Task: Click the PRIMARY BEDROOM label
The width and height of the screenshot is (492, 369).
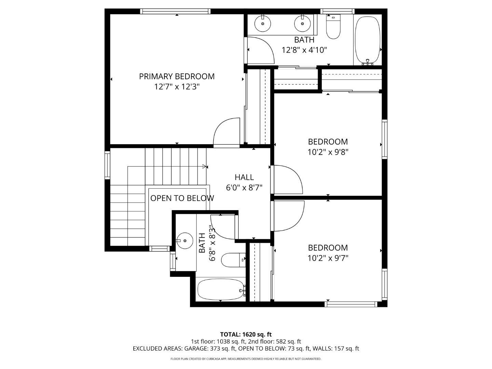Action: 177,77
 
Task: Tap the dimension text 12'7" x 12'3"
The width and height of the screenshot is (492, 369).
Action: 177,87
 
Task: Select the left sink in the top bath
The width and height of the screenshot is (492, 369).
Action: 263,24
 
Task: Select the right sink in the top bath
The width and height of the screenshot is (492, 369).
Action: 302,24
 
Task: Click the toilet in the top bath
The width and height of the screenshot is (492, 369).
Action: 333,28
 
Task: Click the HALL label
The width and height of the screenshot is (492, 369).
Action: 244,177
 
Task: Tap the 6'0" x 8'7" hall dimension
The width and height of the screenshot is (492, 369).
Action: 244,188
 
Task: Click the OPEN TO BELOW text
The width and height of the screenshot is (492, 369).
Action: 182,198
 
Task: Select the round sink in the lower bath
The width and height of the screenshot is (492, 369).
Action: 185,241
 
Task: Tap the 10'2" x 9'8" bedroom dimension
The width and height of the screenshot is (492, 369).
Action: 328,152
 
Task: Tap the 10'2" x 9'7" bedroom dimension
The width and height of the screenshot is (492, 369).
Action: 328,258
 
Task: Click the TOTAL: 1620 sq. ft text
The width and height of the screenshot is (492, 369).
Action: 246,334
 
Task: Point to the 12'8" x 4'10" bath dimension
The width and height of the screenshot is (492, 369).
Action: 304,50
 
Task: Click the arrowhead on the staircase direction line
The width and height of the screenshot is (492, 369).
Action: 205,166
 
